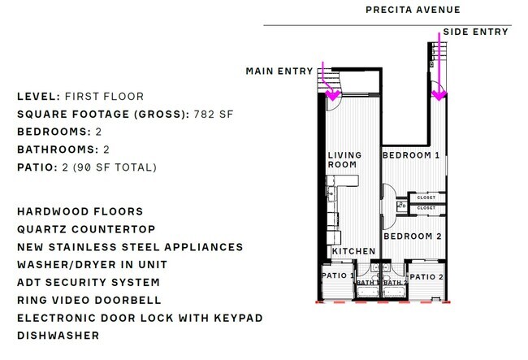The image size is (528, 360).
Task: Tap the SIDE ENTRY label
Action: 475,32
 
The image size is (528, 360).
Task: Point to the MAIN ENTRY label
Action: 279,72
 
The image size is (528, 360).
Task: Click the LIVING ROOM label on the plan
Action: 342,159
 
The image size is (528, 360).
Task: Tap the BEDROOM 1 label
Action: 411,155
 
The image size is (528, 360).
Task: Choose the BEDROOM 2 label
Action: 412,236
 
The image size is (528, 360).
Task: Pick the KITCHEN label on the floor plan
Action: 353,251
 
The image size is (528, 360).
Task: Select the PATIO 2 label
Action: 427,277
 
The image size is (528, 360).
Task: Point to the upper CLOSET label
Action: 426,197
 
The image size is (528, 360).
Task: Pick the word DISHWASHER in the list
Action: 58,336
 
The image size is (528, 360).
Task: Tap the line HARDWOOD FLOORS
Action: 80,211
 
